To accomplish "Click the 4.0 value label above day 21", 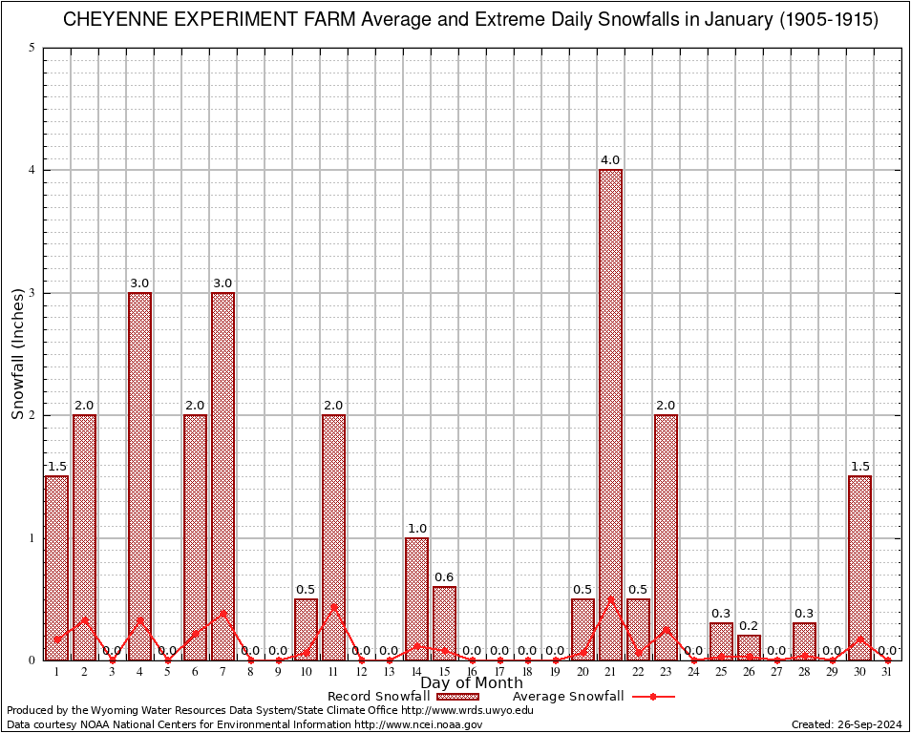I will point(610,160).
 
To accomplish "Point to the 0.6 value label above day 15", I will point(444,576).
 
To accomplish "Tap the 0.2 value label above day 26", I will point(749,625).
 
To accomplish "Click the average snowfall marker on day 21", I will point(610,599).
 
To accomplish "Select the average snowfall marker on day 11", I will point(333,607).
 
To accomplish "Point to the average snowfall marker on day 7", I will point(222,614).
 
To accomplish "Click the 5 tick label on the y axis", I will point(32,48).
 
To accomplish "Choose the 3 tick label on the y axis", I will point(32,293).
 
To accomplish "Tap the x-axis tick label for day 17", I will point(499,672).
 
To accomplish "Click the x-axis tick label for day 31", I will point(887,672).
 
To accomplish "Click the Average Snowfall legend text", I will point(568,697).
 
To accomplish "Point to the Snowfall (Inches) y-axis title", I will point(17,353).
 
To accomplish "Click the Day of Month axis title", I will point(472,683).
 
